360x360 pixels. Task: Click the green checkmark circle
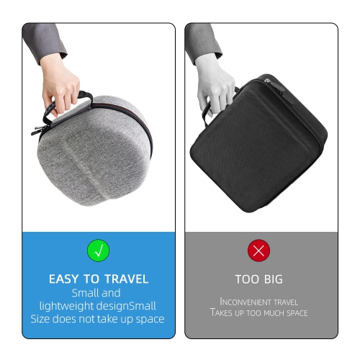click(x=99, y=251)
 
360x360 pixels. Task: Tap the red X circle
click(x=258, y=251)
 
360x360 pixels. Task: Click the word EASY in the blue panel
click(x=64, y=279)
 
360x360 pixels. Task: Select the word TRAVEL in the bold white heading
click(x=127, y=279)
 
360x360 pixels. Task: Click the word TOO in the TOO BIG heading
click(x=247, y=279)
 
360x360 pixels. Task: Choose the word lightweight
click(x=66, y=306)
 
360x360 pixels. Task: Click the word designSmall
click(x=126, y=306)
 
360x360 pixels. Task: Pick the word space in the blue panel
click(x=150, y=320)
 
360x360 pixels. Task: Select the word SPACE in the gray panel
click(x=297, y=313)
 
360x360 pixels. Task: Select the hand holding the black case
click(x=215, y=85)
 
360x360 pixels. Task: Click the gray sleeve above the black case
click(x=203, y=43)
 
